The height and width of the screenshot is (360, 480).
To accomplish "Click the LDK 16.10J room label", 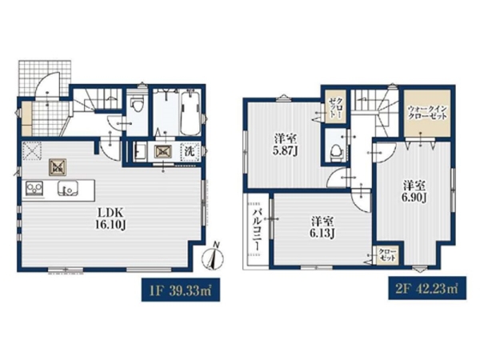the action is pyautogui.click(x=110, y=218).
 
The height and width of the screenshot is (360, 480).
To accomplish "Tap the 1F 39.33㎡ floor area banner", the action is pyautogui.click(x=180, y=290).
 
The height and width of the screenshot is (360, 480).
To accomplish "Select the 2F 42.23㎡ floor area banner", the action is pyautogui.click(x=427, y=288).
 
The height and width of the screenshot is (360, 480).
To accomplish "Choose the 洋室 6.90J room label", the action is pyautogui.click(x=414, y=192).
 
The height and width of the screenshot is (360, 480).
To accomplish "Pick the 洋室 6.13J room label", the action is pyautogui.click(x=322, y=227).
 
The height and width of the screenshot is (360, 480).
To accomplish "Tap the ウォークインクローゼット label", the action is pyautogui.click(x=427, y=113).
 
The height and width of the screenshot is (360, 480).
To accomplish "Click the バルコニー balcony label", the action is pyautogui.click(x=257, y=230).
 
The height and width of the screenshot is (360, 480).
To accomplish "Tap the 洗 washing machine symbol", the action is pyautogui.click(x=190, y=151).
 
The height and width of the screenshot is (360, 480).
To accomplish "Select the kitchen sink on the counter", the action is pyautogui.click(x=68, y=188).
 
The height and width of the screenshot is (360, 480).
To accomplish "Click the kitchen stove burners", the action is pyautogui.click(x=34, y=188).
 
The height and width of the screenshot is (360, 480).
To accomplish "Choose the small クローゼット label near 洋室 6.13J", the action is pyautogui.click(x=387, y=255).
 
